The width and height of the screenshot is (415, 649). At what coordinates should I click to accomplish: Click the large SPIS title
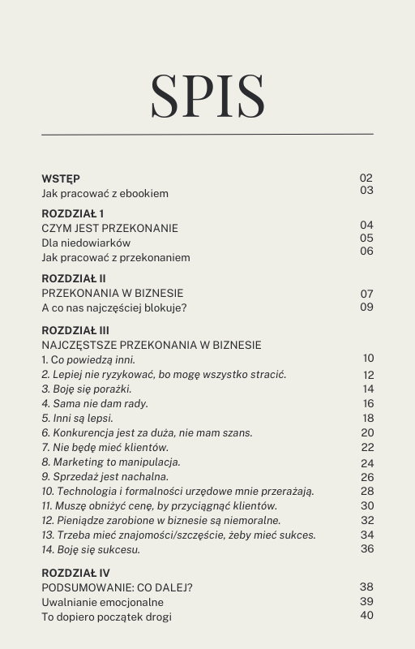pyautogui.click(x=207, y=95)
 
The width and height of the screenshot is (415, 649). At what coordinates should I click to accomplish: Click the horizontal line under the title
pyautogui.click(x=207, y=134)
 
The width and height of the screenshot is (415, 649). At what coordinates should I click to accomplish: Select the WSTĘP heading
pyautogui.click(x=61, y=178)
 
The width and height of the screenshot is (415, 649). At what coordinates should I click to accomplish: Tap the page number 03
pyautogui.click(x=366, y=190)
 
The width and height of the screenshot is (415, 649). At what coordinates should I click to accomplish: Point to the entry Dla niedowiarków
pyautogui.click(x=86, y=243)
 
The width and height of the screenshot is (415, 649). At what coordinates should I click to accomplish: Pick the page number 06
pyautogui.click(x=366, y=251)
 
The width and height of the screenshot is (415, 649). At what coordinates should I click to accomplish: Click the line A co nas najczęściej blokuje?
pyautogui.click(x=114, y=307)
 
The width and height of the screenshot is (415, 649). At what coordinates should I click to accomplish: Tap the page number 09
pyautogui.click(x=366, y=307)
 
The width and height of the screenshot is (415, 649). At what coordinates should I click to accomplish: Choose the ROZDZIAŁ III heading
pyautogui.click(x=75, y=330)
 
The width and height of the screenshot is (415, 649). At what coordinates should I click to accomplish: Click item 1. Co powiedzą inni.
pyautogui.click(x=88, y=359)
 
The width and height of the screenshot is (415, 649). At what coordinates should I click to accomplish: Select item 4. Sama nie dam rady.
pyautogui.click(x=95, y=403)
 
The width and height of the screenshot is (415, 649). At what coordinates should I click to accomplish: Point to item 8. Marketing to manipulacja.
pyautogui.click(x=111, y=462)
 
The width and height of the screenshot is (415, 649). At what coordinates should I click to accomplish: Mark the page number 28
pyautogui.click(x=367, y=491)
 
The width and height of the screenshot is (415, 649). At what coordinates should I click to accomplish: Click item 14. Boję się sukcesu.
pyautogui.click(x=91, y=549)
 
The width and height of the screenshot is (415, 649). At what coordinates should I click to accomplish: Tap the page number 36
pyautogui.click(x=367, y=548)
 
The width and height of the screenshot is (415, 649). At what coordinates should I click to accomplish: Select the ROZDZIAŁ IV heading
pyautogui.click(x=75, y=572)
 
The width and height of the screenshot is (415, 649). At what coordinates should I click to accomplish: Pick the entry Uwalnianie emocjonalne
pyautogui.click(x=102, y=601)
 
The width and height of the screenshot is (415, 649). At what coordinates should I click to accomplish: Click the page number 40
pyautogui.click(x=367, y=615)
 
